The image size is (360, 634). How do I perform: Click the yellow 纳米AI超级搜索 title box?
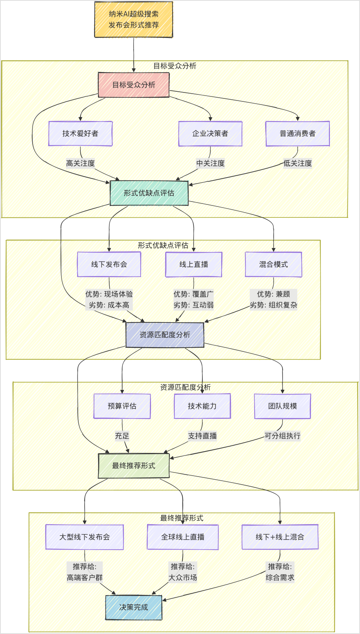pos(134,19)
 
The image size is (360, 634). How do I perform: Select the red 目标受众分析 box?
pos(134,85)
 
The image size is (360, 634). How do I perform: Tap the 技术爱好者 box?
pos(80,133)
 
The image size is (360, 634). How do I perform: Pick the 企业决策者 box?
pos(210,133)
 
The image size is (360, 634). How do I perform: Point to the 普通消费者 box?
pos(298,133)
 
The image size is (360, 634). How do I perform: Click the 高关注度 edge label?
pos(80,163)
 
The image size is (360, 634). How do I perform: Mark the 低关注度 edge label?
pos(298,163)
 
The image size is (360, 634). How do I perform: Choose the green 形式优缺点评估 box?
pos(149,193)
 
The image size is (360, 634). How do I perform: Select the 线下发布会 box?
pos(109,264)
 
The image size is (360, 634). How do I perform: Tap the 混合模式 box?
pos(273,264)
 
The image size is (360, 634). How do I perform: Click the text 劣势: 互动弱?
pos(194,305)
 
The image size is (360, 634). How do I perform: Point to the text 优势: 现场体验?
pos(109,294)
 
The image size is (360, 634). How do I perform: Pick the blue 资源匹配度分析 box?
pos(165,335)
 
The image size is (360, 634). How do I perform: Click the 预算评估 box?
pos(122,406)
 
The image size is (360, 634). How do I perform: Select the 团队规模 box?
pos(282,406)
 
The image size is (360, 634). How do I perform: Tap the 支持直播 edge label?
pos(202,436)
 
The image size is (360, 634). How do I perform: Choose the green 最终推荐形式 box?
pos(134,466)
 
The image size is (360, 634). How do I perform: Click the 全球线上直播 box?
pos(183,537)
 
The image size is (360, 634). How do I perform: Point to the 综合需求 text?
pos(280,578)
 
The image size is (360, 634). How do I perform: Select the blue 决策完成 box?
pos(134,607)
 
